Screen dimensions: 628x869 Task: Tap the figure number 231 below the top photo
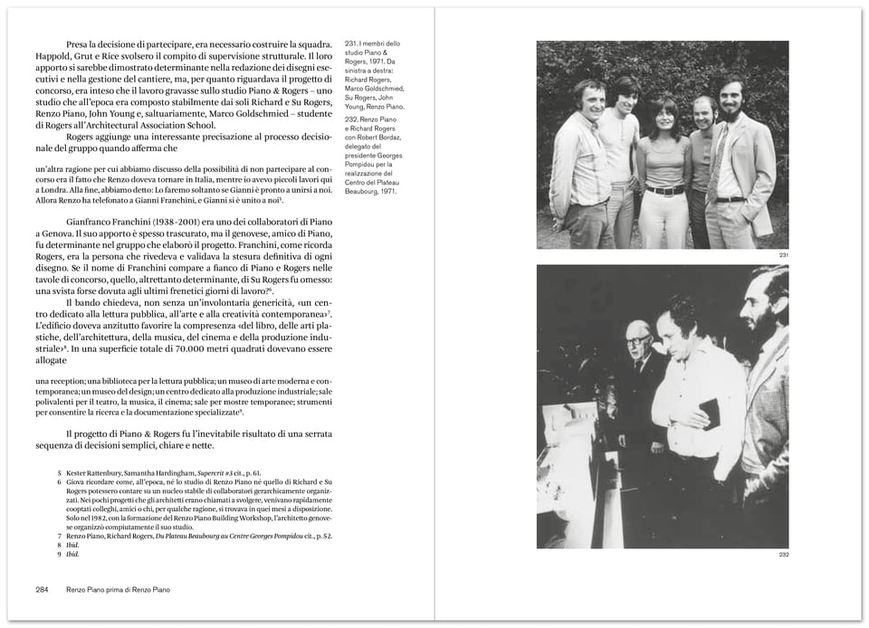point(783,255)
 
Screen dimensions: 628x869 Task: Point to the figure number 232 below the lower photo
point(783,554)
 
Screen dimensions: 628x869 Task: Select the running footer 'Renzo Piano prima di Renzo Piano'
point(118,589)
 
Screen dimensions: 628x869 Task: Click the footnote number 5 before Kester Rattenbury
point(60,473)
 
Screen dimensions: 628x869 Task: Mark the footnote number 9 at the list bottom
point(60,555)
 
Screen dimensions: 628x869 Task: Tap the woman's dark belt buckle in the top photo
point(666,191)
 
